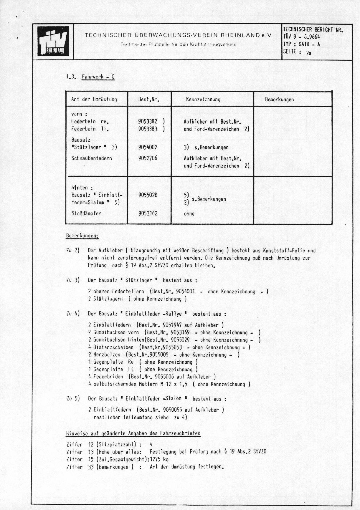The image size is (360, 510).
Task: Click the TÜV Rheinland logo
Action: point(53,42)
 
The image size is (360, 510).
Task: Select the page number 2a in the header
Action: point(308,53)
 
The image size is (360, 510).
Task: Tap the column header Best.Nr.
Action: point(149,99)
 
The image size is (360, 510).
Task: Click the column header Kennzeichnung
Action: point(203,99)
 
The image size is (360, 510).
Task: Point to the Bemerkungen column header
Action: point(279,99)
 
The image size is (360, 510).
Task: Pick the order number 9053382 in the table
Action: point(148,121)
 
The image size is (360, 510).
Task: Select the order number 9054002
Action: point(148,147)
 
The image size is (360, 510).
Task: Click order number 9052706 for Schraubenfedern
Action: point(148,158)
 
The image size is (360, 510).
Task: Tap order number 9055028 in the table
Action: point(148,195)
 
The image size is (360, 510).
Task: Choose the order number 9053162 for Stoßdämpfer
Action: point(148,213)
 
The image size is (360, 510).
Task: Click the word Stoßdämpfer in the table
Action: point(86,213)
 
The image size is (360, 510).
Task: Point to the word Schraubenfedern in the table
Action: point(91,158)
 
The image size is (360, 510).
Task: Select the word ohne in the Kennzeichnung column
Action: point(189,213)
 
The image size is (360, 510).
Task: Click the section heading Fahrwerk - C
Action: point(98,77)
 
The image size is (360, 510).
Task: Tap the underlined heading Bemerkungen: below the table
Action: point(82,236)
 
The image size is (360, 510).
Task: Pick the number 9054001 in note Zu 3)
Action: point(185,292)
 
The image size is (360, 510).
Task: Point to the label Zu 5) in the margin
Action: point(73,399)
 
